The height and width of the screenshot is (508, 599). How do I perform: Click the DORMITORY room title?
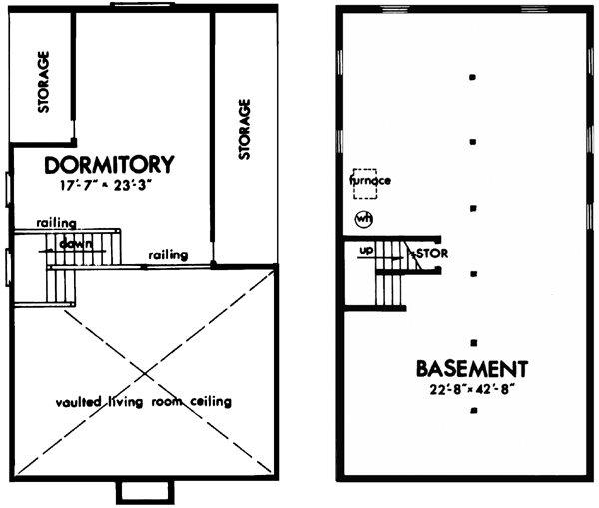click(110, 164)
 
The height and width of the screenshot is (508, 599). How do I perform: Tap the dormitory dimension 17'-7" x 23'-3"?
click(109, 185)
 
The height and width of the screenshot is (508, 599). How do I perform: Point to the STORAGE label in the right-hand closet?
click(245, 129)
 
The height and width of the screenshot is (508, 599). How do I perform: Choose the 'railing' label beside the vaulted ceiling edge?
click(168, 255)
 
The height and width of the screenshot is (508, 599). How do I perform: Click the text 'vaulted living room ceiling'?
click(144, 403)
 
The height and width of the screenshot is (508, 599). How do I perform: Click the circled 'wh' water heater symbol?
click(364, 218)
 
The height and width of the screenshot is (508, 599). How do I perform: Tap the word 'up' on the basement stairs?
click(365, 250)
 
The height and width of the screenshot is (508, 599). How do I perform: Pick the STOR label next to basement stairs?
click(430, 254)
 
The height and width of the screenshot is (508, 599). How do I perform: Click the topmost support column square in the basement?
click(473, 76)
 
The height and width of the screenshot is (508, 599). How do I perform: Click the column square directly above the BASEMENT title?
click(473, 340)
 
